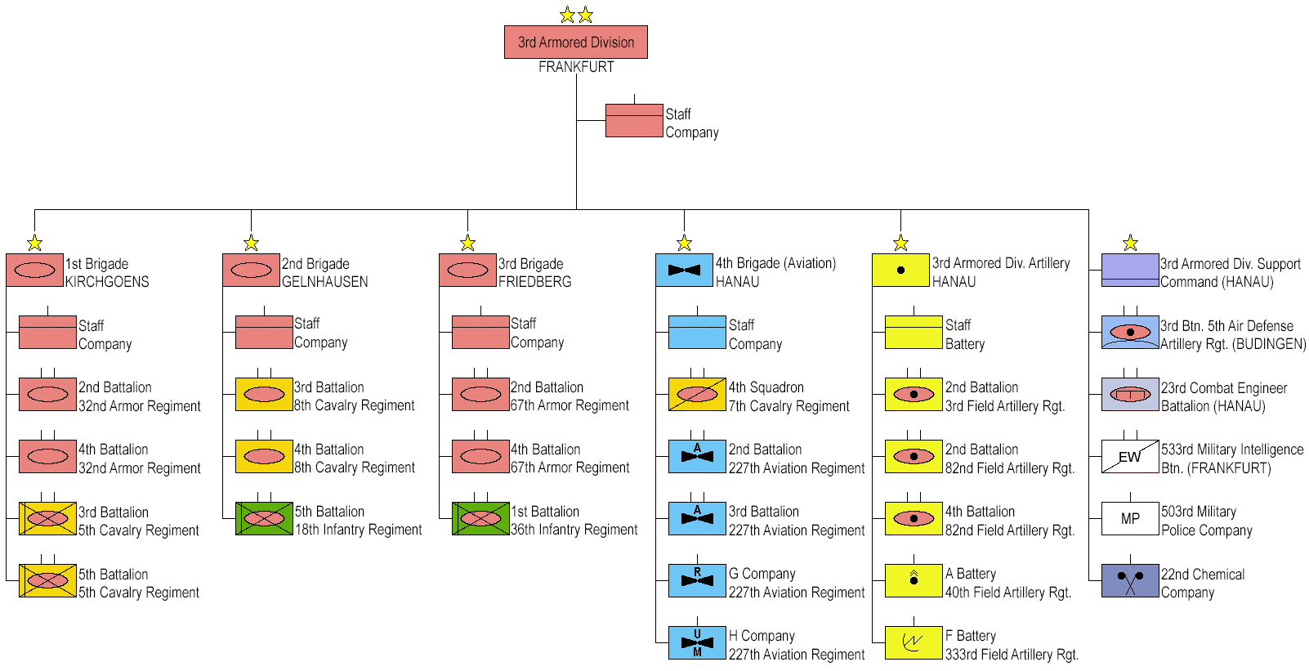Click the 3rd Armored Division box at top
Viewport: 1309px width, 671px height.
575,42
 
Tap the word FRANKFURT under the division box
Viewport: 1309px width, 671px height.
576,67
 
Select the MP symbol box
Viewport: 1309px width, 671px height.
1130,519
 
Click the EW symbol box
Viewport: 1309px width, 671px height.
1130,457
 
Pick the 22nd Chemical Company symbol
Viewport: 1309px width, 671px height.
1130,581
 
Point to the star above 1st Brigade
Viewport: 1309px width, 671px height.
34,243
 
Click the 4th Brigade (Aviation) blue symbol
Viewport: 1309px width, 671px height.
684,271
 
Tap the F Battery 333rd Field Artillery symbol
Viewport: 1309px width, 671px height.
914,643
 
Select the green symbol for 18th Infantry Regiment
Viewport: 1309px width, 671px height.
264,519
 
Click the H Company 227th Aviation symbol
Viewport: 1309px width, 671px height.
697,643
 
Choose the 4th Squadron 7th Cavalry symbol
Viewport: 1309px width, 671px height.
697,395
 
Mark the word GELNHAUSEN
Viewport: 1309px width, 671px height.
324,282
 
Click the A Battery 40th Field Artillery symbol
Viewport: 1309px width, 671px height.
914,581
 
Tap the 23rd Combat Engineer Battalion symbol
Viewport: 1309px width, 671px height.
1130,395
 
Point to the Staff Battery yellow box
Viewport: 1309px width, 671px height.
914,333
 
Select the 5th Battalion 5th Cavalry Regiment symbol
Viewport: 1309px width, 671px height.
47,581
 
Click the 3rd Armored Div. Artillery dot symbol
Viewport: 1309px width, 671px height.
900,271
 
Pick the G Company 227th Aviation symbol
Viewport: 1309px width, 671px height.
697,581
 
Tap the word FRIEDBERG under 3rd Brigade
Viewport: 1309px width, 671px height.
534,282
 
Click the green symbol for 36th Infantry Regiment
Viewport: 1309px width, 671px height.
480,519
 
